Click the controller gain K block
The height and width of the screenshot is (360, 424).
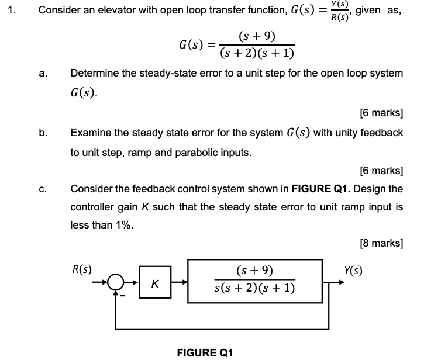tap(153, 284)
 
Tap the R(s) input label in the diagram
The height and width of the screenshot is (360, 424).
tap(81, 270)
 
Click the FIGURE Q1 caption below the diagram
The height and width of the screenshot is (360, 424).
tap(205, 352)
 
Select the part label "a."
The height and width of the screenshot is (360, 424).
tap(43, 74)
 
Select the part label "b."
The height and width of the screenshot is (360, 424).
tap(43, 133)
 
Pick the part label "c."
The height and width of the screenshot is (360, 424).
tap(43, 189)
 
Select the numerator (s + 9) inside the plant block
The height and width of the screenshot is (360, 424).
tap(255, 271)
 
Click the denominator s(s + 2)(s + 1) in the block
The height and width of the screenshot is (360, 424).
tap(255, 288)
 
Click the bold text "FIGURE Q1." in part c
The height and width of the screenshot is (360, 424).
tap(321, 189)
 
